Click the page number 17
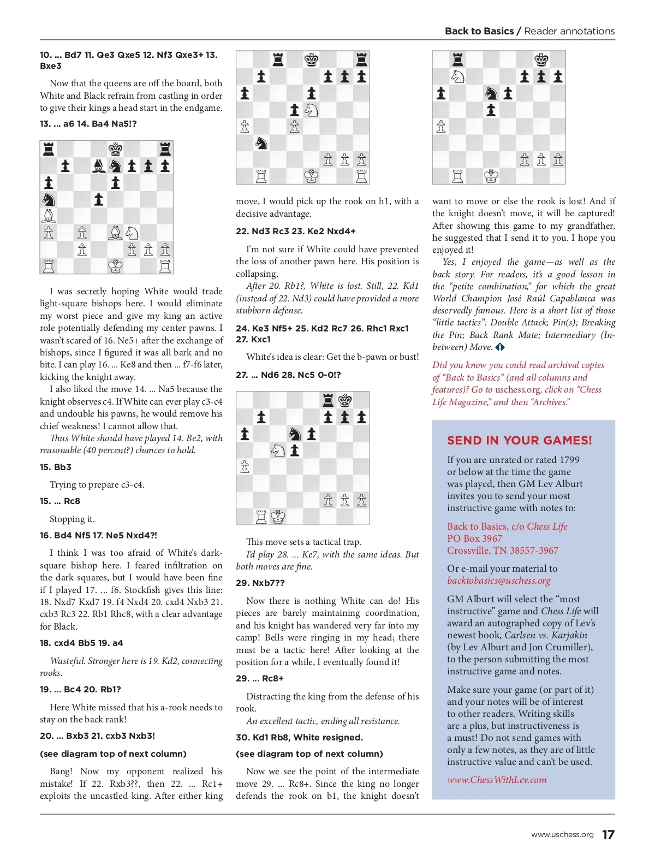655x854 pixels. (608, 834)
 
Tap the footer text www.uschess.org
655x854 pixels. (562, 834)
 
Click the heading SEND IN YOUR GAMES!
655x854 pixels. (519, 440)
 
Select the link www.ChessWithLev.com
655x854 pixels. (497, 780)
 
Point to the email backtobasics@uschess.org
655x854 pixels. (498, 580)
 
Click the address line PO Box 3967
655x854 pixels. (474, 538)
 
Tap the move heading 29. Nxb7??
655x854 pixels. (260, 583)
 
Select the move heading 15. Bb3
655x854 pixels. (56, 467)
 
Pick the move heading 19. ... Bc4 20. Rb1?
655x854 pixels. (80, 689)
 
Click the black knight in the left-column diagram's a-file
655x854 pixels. (49, 199)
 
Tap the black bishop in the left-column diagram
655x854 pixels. (99, 166)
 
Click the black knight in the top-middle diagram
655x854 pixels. (261, 143)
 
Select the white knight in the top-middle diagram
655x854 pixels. (311, 110)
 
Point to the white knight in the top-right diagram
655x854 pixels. (457, 76)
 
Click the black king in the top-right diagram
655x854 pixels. (541, 60)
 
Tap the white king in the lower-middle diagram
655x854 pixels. (278, 516)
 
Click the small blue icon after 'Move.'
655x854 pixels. (500, 347)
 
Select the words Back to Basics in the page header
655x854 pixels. (479, 31)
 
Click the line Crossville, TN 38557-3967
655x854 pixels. (502, 550)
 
